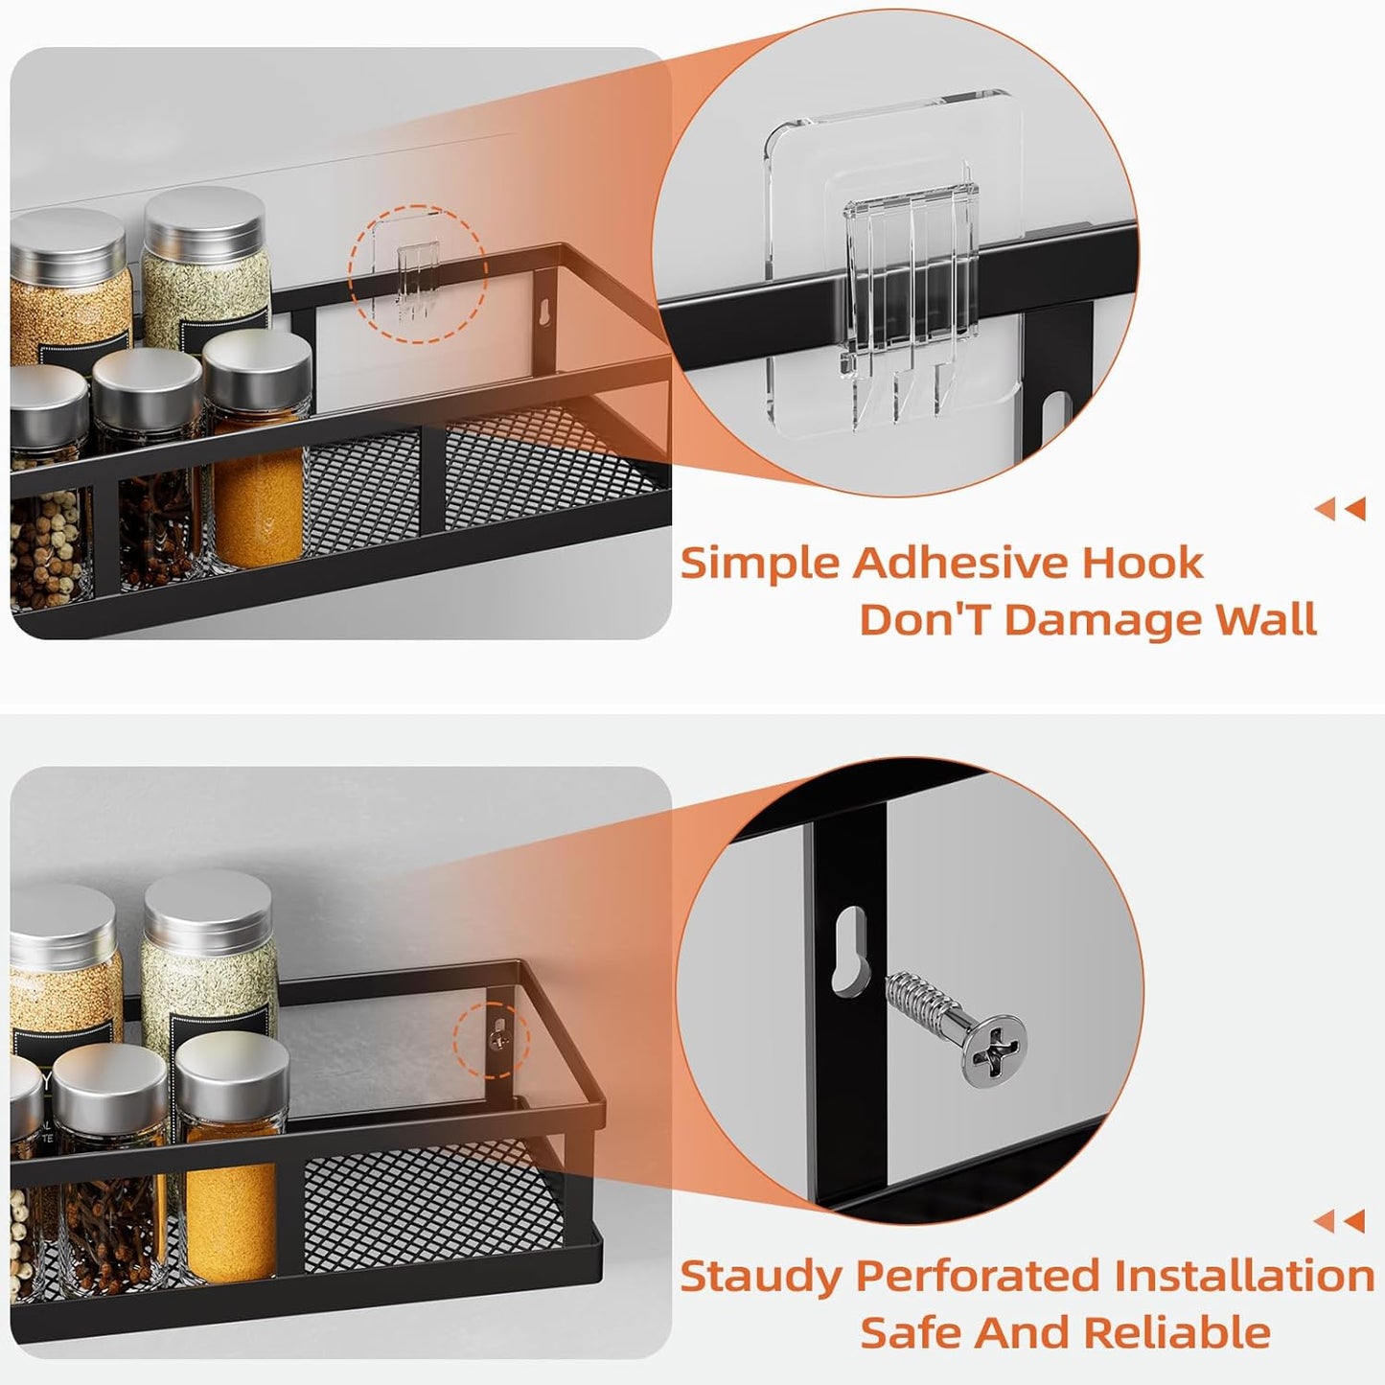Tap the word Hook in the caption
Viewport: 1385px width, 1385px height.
pyautogui.click(x=1143, y=563)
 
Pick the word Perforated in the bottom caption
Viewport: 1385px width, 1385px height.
pyautogui.click(x=979, y=1277)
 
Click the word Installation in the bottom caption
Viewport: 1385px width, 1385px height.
pyautogui.click(x=1244, y=1277)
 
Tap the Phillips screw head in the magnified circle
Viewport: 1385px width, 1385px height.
pyautogui.click(x=993, y=1046)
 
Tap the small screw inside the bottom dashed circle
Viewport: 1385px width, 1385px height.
pyautogui.click(x=497, y=1038)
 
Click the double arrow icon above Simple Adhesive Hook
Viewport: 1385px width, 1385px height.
pyautogui.click(x=1340, y=509)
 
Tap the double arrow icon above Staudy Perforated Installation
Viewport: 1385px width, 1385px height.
pyautogui.click(x=1340, y=1221)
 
